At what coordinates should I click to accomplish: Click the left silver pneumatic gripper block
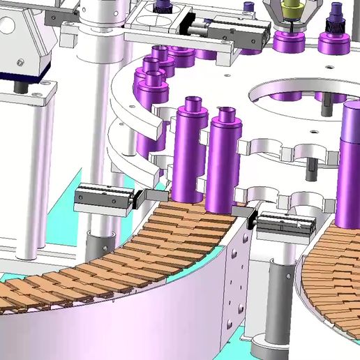click(103, 197)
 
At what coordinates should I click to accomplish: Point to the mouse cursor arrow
click(300, 225)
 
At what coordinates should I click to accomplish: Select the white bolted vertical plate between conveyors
click(234, 286)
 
